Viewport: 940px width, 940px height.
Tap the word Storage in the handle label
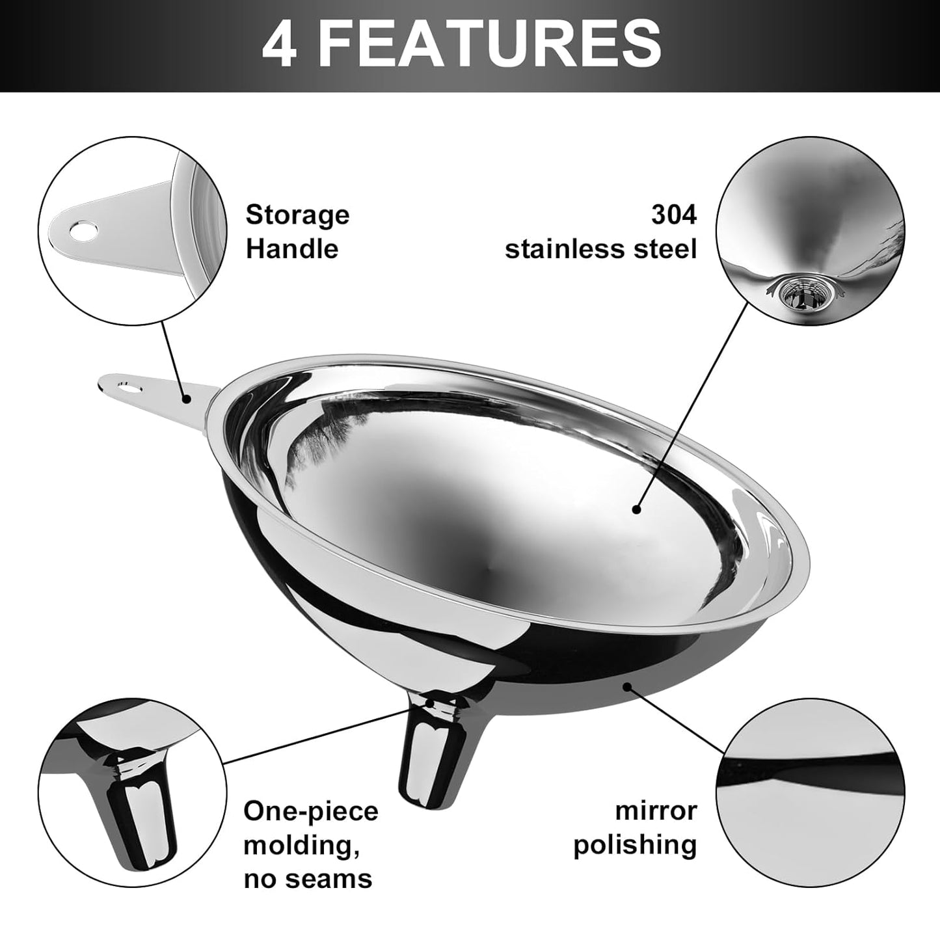click(297, 215)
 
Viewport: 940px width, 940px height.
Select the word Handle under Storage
click(291, 249)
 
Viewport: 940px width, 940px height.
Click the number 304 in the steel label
click(674, 215)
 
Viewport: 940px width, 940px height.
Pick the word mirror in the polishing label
click(656, 811)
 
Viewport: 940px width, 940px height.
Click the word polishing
click(635, 845)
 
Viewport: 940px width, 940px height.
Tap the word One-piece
click(310, 811)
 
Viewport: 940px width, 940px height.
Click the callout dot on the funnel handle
click(187, 399)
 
